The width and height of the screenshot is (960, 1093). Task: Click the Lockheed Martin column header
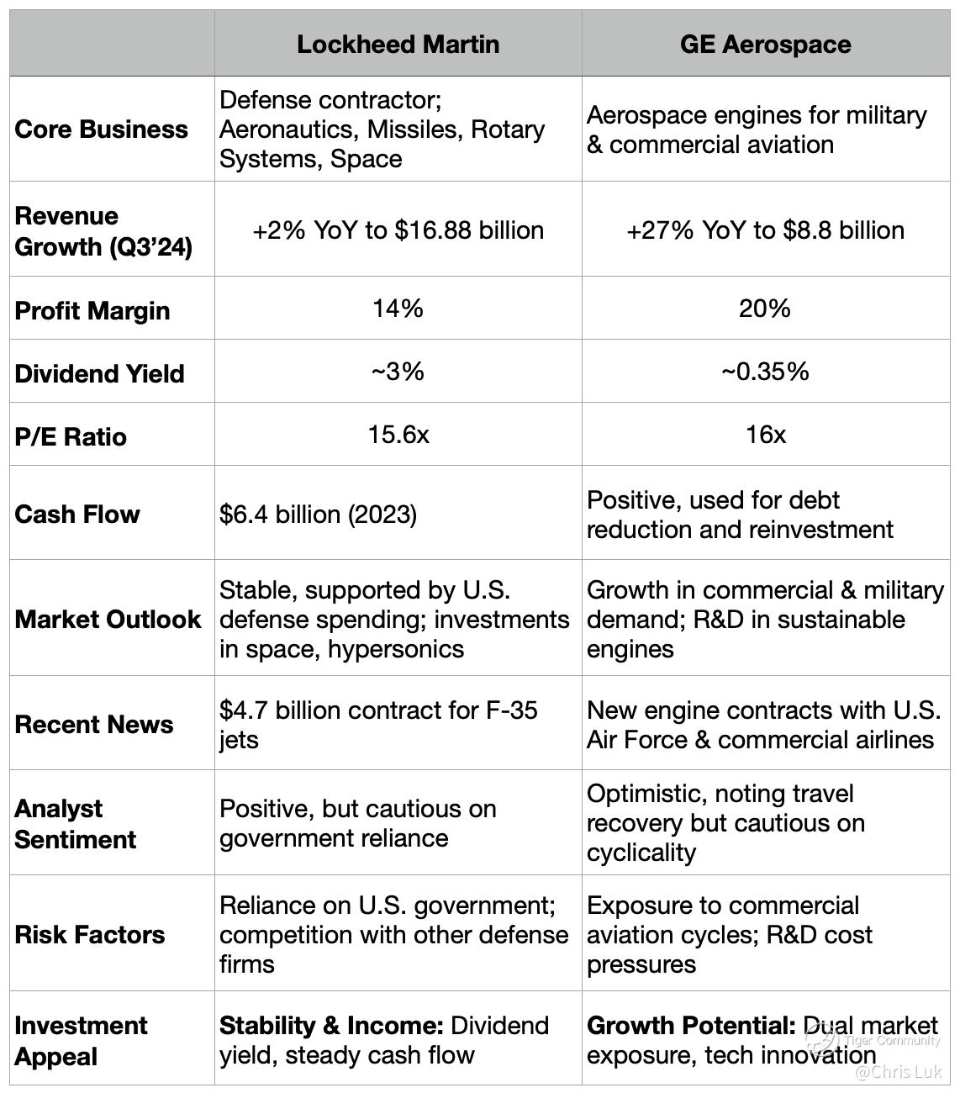point(398,44)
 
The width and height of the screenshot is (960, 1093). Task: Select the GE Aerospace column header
point(765,44)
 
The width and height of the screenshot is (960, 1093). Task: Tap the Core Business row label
point(101,129)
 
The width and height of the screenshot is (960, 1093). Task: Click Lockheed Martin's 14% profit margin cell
point(398,309)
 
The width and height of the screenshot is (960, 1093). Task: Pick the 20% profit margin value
point(765,309)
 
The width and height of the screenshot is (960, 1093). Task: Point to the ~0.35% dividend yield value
point(765,372)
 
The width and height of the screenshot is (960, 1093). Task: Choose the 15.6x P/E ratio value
point(398,435)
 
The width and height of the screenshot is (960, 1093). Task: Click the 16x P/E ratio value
point(765,435)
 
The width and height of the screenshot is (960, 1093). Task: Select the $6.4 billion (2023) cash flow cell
point(318,514)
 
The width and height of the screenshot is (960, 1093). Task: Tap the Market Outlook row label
point(108,619)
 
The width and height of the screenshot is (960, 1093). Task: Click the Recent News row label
point(94,724)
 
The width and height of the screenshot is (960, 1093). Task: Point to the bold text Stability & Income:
point(331,1026)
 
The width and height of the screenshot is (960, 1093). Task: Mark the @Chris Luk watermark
point(898,1072)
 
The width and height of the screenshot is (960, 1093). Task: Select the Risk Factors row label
point(90,934)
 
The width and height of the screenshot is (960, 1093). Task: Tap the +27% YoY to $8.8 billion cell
point(765,230)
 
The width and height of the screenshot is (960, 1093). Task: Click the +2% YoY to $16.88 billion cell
point(398,230)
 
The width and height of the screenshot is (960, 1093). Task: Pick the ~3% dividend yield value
point(398,372)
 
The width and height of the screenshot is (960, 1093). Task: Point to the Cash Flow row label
point(77,514)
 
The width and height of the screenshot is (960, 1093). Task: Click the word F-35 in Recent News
point(511,710)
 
